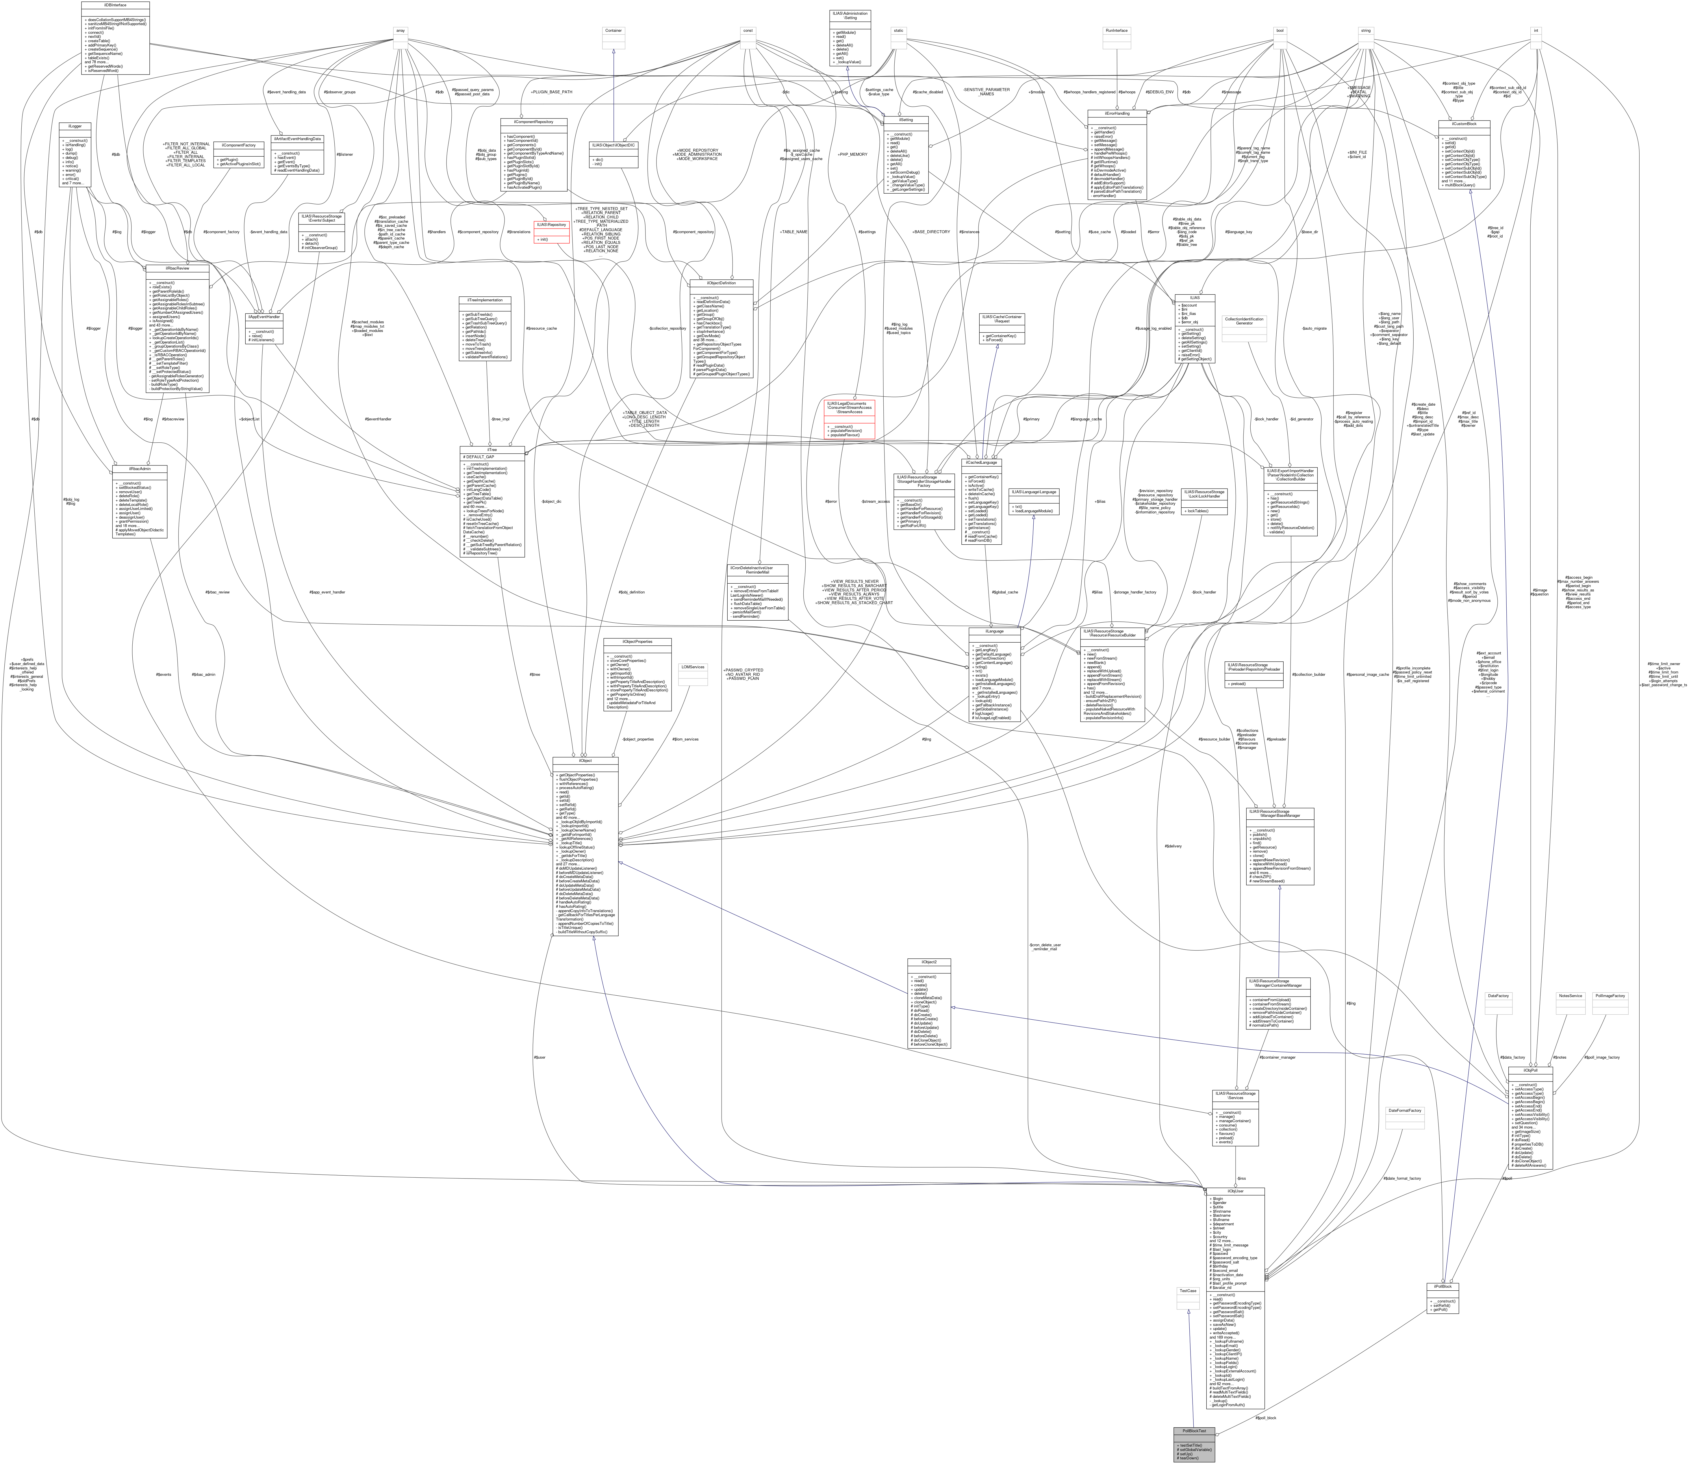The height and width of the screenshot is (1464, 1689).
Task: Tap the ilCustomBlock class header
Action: tap(1464, 123)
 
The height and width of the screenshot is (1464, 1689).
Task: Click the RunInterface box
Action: tap(1116, 30)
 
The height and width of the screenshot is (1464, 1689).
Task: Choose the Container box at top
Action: tap(613, 30)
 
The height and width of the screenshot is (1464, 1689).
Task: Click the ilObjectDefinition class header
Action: tap(721, 283)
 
